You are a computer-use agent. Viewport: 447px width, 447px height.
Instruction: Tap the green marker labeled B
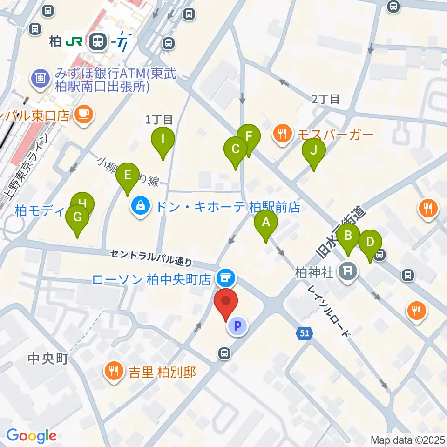point(348,236)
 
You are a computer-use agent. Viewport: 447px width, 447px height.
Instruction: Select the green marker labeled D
point(370,243)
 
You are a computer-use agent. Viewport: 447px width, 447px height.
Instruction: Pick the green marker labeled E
point(127,176)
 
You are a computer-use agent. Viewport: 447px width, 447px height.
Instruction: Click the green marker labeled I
point(163,139)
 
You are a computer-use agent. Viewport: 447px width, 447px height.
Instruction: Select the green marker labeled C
point(235,150)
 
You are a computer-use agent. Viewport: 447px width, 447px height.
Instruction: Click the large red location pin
point(226,301)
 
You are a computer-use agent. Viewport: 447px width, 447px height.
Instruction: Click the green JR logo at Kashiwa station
point(74,42)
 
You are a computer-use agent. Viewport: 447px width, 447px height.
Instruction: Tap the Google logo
point(32,436)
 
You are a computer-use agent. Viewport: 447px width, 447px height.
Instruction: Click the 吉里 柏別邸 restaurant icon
point(114,372)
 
